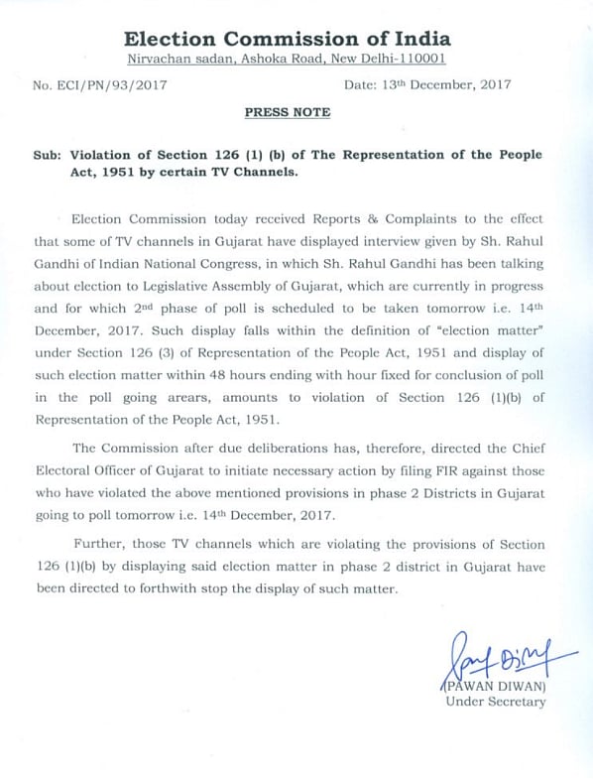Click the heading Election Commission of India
pyautogui.click(x=287, y=40)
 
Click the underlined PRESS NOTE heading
pyautogui.click(x=288, y=113)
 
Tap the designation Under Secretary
pyautogui.click(x=495, y=703)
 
